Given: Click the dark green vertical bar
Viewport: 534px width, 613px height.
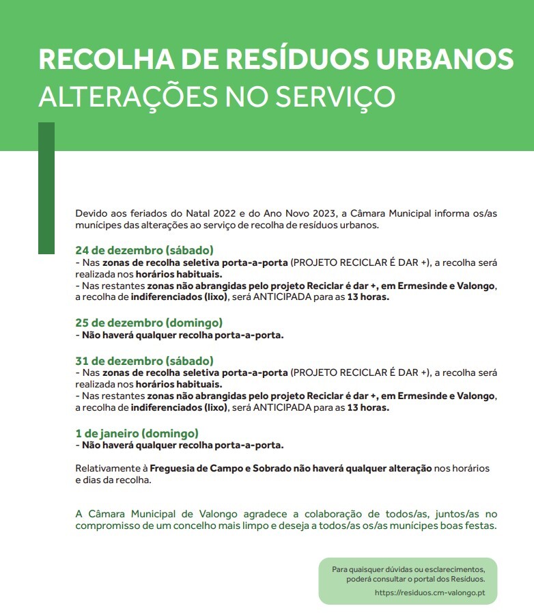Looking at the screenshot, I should click(46, 188).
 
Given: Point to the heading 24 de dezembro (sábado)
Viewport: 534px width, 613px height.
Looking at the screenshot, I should click(144, 250).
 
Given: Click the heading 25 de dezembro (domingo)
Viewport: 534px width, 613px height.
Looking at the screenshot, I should click(149, 323).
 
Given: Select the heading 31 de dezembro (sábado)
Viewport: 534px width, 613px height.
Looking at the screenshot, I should click(144, 360).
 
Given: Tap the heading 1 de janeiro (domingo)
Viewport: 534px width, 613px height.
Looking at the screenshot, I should click(137, 433).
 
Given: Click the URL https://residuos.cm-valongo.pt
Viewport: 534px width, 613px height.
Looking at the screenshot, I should click(430, 592).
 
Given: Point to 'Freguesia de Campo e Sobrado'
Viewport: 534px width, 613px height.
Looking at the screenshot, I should click(221, 468).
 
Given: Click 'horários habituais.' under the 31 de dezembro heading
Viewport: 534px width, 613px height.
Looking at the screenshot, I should click(179, 385).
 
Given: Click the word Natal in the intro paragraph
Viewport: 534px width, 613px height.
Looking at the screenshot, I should click(195, 213).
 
